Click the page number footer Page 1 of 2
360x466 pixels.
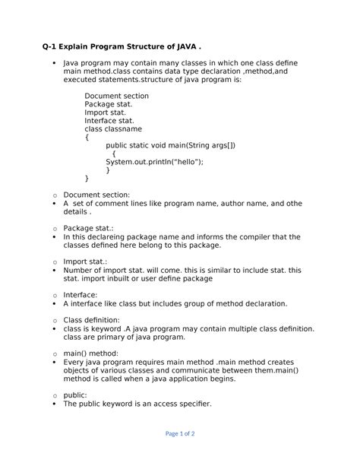[179, 433]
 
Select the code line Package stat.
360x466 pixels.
[109, 104]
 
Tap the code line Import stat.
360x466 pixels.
[106, 113]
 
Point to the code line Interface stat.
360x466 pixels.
[109, 121]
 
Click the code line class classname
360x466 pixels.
[113, 129]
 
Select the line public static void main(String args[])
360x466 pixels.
[170, 145]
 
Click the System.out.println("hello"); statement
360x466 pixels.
[154, 162]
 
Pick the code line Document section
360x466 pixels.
[116, 96]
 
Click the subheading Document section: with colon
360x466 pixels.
[96, 195]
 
